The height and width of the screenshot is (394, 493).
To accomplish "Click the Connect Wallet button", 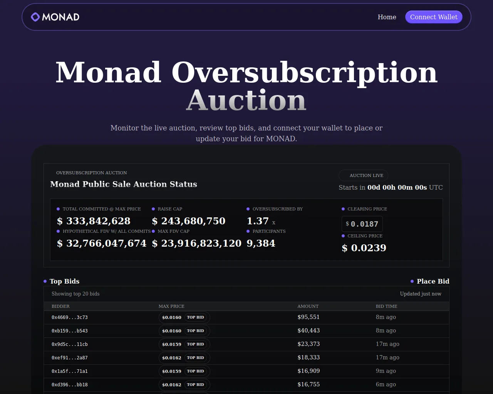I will coord(434,17).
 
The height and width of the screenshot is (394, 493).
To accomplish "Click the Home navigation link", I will coord(387,17).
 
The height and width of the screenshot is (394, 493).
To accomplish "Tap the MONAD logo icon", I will coord(35,17).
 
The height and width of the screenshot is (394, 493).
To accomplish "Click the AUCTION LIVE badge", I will coord(363,175).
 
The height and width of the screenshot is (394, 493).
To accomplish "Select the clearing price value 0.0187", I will coord(364,224).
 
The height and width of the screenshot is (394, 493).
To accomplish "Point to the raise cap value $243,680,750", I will coord(189,221).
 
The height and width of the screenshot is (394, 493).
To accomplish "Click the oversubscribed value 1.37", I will coord(258,221).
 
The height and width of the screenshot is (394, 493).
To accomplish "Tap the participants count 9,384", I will coord(261,243).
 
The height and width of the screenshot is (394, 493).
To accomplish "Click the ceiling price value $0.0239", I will coord(364,248).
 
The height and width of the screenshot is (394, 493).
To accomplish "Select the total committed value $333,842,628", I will coord(94,221).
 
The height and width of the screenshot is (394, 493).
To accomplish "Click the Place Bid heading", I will coord(433,281).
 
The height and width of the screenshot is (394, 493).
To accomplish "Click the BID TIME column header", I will coord(386,306).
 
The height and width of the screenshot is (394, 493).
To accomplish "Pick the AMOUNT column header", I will coord(308,306).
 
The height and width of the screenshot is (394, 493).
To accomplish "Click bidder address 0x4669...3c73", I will coord(70,317).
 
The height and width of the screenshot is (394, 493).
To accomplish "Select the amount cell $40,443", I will coord(309,331).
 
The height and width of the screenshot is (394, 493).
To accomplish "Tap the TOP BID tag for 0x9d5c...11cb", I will coord(195,344).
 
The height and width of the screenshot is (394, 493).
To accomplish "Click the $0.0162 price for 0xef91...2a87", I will coord(172,358).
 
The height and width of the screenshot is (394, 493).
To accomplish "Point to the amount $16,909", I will coord(309,371).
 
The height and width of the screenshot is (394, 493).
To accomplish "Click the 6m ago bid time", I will coord(386,384).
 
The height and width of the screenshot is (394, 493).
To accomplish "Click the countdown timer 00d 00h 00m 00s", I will coord(397,187).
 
